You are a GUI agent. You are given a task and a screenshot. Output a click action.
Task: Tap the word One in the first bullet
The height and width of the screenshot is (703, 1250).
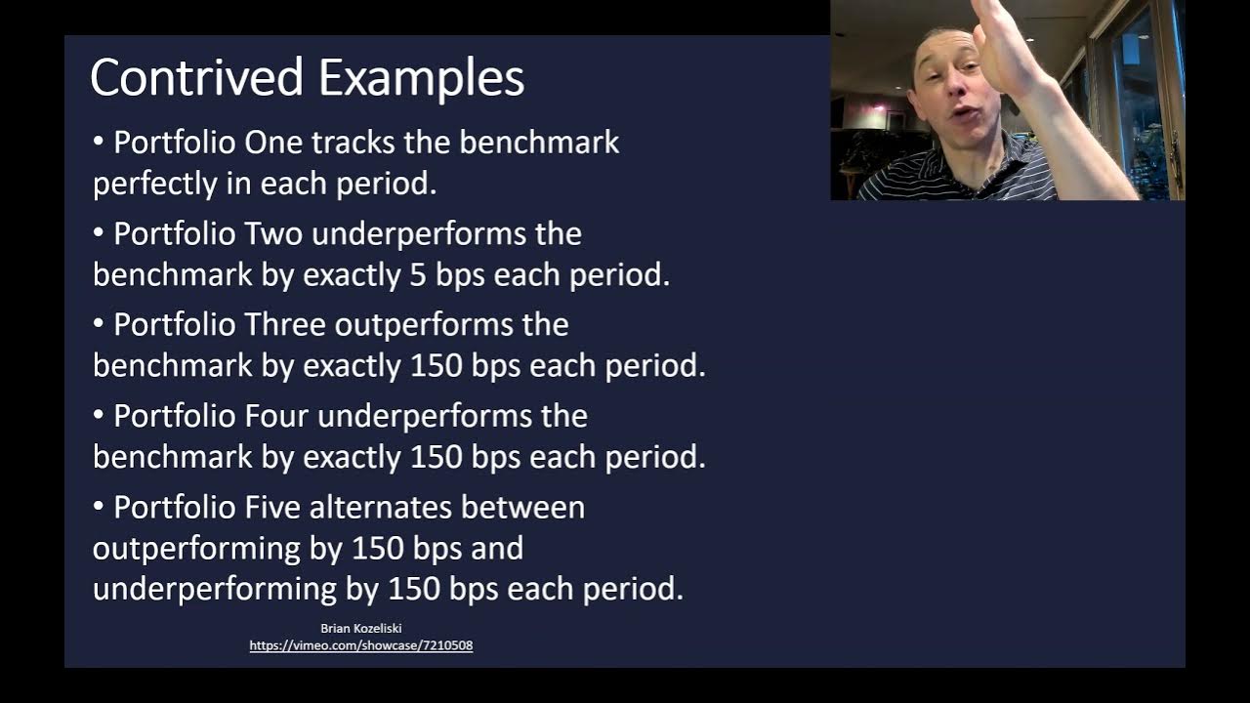(273, 143)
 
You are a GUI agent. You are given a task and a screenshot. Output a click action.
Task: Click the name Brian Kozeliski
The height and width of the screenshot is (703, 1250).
(360, 629)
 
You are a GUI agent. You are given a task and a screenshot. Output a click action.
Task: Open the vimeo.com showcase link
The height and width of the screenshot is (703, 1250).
(360, 646)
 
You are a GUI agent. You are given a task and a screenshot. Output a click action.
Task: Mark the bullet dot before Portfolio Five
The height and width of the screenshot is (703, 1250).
(99, 507)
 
